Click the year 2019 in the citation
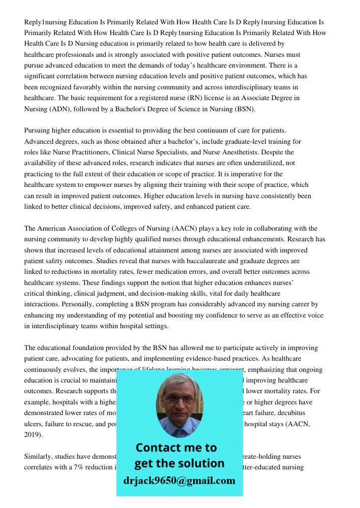pyautogui.click(x=33, y=435)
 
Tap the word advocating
pyautogui.click(x=86, y=359)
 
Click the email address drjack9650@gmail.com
pyautogui.click(x=179, y=481)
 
